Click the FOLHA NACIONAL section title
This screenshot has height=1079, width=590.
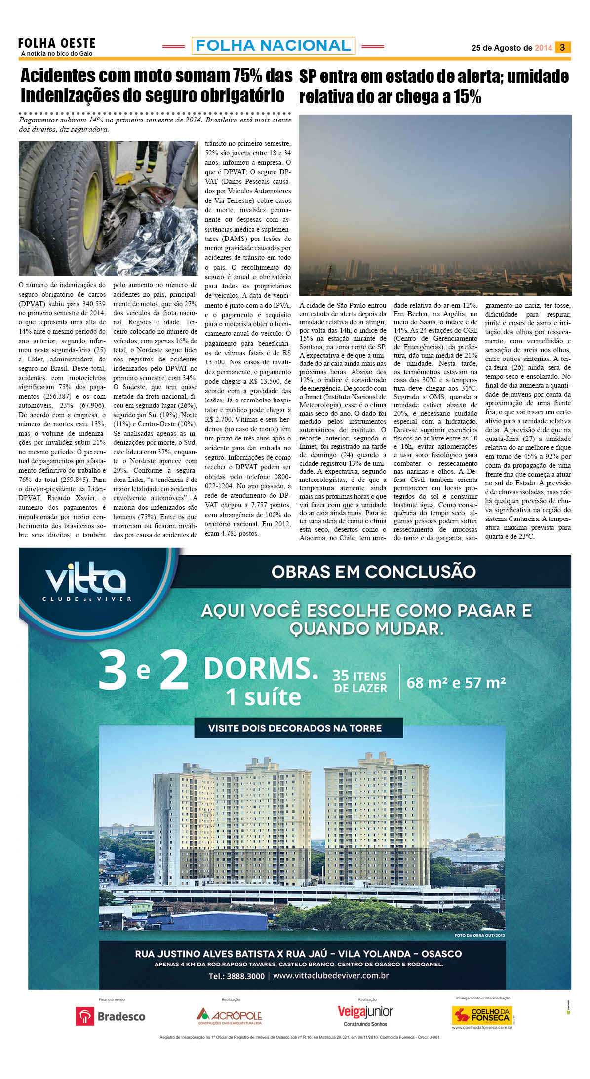pos(273,46)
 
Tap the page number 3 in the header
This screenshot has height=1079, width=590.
pos(562,47)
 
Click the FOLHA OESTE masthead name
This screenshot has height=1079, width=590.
pos(56,43)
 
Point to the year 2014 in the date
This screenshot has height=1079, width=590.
pos(543,48)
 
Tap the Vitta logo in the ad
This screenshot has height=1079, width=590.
pos(86,583)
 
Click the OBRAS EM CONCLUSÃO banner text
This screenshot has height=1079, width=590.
pos(373,572)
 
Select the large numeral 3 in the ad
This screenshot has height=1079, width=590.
pos(113,670)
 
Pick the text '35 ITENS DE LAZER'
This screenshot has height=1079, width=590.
pos(359,681)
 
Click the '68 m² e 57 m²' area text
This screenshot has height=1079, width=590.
pos(456,683)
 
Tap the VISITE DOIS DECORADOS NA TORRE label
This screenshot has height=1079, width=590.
pos(295,728)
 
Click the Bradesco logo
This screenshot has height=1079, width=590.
pos(111,1016)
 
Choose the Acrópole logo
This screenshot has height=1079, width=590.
pos(229,1016)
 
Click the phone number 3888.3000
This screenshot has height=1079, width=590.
pos(236,976)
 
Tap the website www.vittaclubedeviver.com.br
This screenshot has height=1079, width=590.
pos(331,976)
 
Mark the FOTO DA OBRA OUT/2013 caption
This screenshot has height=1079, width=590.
pos(479,935)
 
